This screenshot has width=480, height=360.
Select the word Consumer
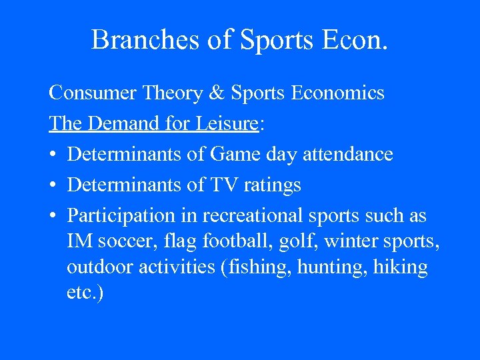click(91, 93)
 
